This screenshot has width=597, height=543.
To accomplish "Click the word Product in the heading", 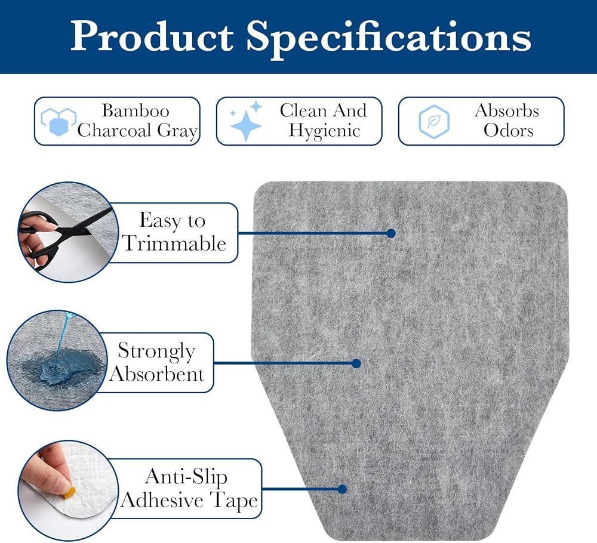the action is [152, 36].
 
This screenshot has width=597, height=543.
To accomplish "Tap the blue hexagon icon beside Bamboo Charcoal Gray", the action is [59, 121].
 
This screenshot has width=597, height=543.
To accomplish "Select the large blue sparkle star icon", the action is [247, 126].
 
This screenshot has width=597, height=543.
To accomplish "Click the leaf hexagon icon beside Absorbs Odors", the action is [434, 121].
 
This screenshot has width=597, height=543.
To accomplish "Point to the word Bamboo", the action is [136, 111].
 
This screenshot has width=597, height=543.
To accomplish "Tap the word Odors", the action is [508, 131].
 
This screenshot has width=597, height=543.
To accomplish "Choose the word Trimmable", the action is [174, 243].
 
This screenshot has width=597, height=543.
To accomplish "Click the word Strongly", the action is [156, 351].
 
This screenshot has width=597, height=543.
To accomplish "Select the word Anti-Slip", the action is [186, 477].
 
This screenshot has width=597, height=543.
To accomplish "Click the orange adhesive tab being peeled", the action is [69, 492].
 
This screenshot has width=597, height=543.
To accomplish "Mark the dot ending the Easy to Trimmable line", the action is [390, 234].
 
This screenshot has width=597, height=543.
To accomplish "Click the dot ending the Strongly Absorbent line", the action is [356, 364].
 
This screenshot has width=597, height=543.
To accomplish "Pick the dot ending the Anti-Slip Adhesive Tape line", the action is [342, 489].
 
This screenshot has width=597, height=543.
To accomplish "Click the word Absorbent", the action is [157, 374].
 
